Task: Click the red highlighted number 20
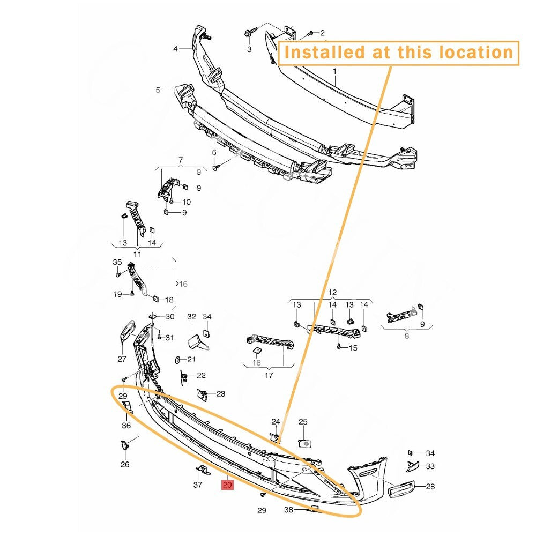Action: [x=227, y=485]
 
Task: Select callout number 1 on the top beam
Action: [x=334, y=71]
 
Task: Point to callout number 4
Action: [x=175, y=49]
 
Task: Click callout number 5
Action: [x=158, y=90]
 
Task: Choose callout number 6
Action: [x=214, y=152]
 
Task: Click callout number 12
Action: [x=332, y=293]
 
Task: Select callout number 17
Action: [x=269, y=375]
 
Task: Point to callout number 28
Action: [x=430, y=486]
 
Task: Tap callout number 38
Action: [x=288, y=510]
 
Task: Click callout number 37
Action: [x=198, y=485]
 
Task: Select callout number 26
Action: [x=125, y=464]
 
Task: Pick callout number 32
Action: [x=191, y=317]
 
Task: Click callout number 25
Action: [x=303, y=422]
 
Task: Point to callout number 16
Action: [x=183, y=284]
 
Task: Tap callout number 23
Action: [x=220, y=394]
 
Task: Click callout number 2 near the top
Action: [x=322, y=33]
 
